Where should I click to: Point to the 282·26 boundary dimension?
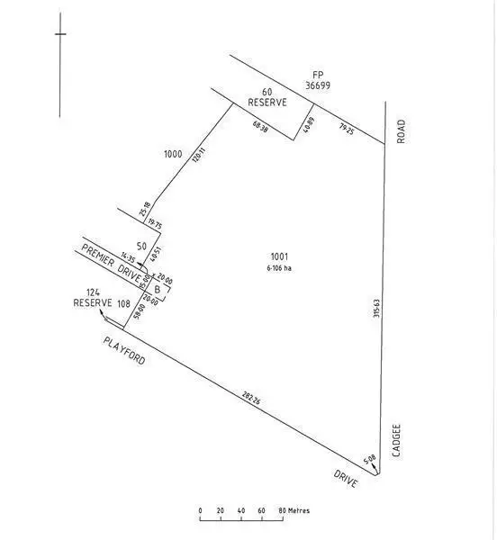point(253,398)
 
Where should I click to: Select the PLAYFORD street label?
point(123,350)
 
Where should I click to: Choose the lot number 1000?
point(173,154)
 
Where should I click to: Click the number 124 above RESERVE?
point(92,292)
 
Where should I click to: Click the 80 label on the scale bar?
point(282,510)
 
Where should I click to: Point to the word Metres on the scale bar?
point(300,510)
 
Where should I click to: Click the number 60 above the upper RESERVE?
point(267,92)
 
